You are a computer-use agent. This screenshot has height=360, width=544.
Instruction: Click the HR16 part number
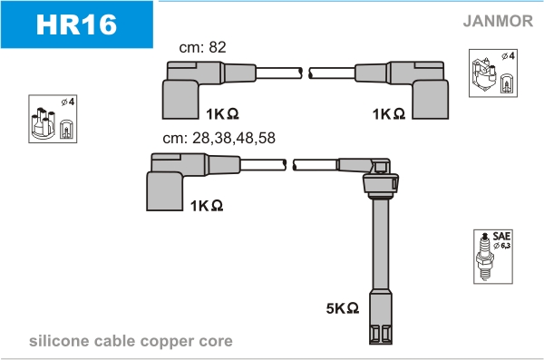point(76,24)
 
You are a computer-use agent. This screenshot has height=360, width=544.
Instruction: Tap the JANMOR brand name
point(498,21)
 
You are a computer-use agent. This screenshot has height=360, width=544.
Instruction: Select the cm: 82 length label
point(202,47)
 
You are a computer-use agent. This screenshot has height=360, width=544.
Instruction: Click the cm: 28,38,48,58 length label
point(219,138)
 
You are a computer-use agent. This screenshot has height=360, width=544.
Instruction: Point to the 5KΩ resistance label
point(343,308)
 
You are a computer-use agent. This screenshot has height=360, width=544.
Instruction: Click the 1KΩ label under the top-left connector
point(222,114)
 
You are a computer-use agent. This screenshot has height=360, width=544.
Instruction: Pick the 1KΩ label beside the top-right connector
point(389,114)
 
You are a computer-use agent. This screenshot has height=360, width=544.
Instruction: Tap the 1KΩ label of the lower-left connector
point(207,206)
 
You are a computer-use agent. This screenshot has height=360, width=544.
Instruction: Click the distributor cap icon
point(44,123)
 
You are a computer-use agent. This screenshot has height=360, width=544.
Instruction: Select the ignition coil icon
point(484,74)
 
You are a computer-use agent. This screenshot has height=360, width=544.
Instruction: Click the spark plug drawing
point(485,257)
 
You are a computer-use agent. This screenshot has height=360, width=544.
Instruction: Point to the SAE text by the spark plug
point(501,236)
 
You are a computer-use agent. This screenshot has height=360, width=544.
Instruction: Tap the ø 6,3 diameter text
point(502,246)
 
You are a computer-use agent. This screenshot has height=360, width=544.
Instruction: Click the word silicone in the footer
point(59,341)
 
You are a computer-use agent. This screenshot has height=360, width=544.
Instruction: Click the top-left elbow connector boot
point(180,91)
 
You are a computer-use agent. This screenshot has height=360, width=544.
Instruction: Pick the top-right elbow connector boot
point(430,91)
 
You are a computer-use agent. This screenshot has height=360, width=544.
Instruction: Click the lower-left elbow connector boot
point(165,182)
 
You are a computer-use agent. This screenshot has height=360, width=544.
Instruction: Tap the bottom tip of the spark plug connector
point(381,344)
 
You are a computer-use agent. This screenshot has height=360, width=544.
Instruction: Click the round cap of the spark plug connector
point(381,184)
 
